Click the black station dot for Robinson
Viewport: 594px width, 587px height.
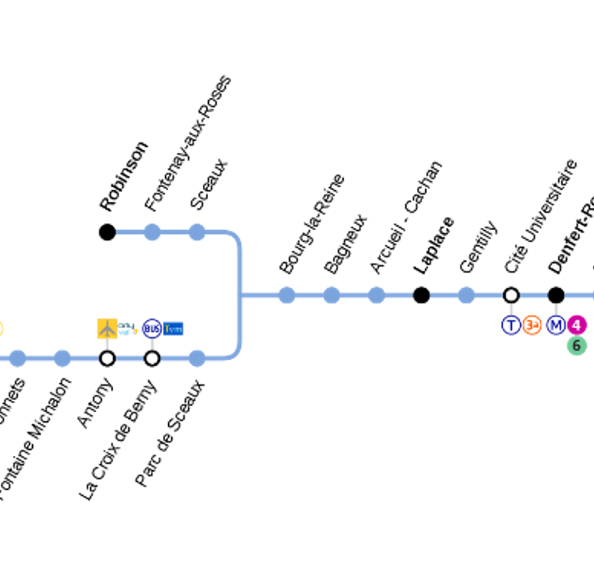coord(107,232)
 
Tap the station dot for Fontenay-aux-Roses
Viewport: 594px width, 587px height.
coord(152,232)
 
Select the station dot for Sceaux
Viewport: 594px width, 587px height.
coord(197,232)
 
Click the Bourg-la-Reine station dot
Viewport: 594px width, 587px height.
coord(287,295)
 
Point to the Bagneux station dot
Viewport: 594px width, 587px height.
coord(332,295)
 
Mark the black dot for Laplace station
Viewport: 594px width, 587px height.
coord(421,295)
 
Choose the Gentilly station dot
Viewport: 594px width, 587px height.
coord(466,295)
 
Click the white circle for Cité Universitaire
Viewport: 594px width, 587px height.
coord(511,295)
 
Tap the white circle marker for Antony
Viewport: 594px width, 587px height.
coord(107,358)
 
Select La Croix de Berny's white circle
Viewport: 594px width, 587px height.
coord(152,358)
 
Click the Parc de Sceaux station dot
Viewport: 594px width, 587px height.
coord(197,358)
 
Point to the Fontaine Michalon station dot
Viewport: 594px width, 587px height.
coord(62,358)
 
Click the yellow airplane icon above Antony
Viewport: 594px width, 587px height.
coord(107,328)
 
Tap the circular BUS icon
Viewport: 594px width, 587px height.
coord(152,328)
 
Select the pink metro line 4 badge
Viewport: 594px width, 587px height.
coord(576,325)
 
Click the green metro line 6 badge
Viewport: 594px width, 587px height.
coord(576,345)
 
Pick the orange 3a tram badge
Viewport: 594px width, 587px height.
coord(532,325)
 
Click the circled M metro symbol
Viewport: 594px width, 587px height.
coord(556,325)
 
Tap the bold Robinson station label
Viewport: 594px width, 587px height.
coord(124,177)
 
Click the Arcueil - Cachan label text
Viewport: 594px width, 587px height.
coord(406,217)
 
